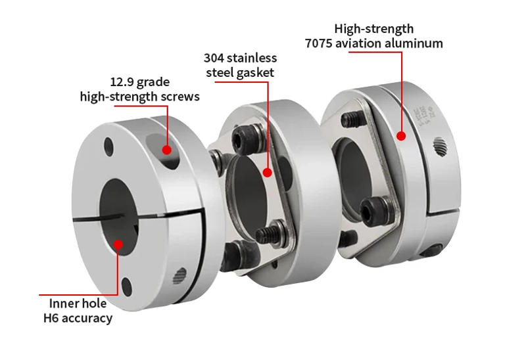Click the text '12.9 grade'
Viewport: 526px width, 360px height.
[x=139, y=83]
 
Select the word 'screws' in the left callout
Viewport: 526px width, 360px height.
[x=179, y=97]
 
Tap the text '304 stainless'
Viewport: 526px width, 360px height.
[x=240, y=58]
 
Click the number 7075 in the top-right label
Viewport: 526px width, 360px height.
[x=321, y=43]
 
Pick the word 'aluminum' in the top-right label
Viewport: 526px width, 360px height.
[x=417, y=43]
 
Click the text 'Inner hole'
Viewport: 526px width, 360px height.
[x=78, y=304]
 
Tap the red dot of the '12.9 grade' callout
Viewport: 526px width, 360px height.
[x=167, y=150]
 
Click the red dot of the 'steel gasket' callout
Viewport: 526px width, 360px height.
[x=268, y=173]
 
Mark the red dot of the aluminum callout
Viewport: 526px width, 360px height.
[x=400, y=136]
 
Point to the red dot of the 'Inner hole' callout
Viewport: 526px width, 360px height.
[x=118, y=244]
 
